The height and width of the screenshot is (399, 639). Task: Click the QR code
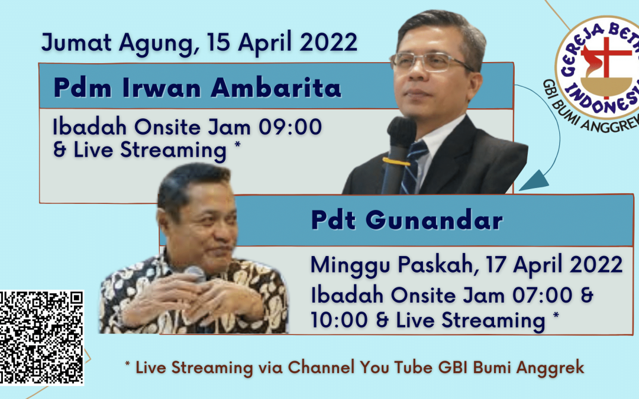(41, 338)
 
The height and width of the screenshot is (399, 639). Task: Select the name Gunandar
(434, 220)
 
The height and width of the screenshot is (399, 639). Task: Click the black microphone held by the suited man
(398, 155)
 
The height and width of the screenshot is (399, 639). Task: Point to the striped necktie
(414, 166)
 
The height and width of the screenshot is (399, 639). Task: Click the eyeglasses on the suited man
(430, 61)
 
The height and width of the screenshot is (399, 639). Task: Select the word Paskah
(435, 265)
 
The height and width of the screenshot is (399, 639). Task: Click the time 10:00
(339, 320)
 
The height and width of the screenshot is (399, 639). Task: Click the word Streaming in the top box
(173, 150)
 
